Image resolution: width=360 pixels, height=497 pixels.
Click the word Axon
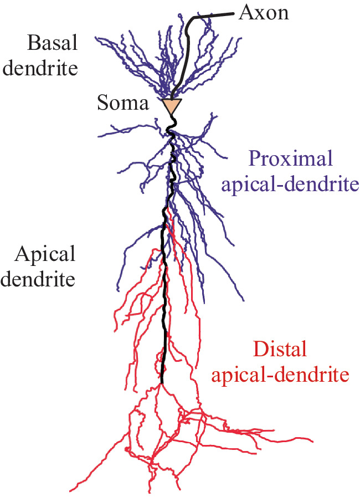click(264, 13)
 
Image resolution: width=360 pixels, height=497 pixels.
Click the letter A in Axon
click(245, 13)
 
